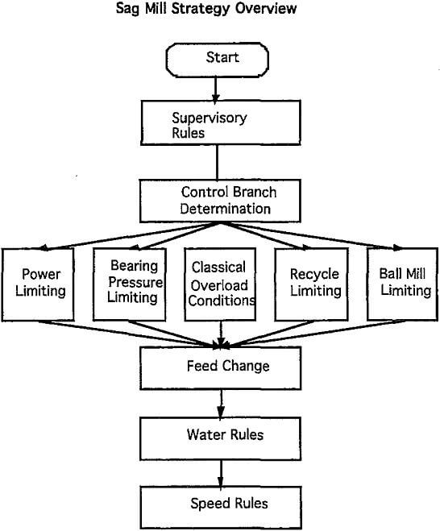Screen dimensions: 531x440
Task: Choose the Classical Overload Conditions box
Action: click(x=219, y=283)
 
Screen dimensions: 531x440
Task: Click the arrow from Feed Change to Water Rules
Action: click(x=219, y=403)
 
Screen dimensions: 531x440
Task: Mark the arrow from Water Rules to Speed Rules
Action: click(x=219, y=472)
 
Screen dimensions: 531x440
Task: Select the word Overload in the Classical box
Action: click(x=219, y=283)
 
